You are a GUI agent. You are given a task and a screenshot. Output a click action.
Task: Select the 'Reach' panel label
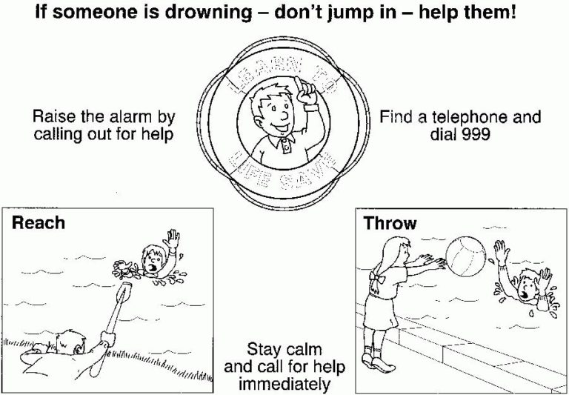point(38,222)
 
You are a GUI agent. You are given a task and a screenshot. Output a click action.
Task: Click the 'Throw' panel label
point(390,222)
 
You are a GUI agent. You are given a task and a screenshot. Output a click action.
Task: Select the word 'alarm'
point(136,117)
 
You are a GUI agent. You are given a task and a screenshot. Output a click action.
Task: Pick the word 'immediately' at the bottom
point(284,383)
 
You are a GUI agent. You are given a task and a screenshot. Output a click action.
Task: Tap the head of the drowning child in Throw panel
point(528,285)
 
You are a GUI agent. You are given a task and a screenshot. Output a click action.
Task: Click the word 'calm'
point(305,349)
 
